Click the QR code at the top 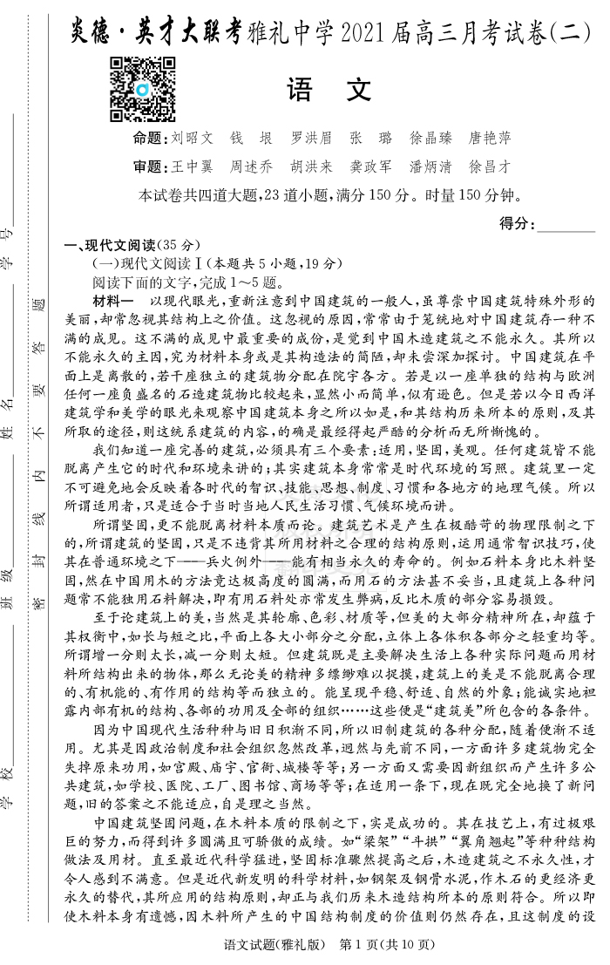(x=143, y=89)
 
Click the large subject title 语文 (x=329, y=89)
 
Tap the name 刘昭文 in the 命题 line (x=192, y=139)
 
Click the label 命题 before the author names (x=149, y=139)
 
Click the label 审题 (x=149, y=166)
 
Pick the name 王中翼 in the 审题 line (x=192, y=166)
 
